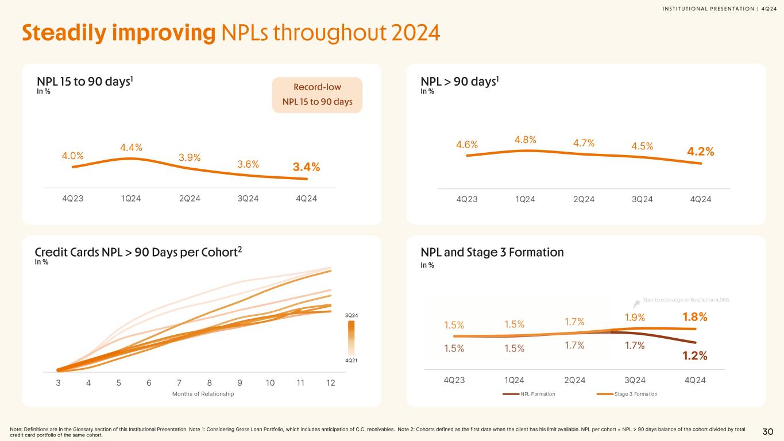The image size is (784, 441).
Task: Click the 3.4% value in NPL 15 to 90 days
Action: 306,167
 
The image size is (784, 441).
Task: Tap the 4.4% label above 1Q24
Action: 131,148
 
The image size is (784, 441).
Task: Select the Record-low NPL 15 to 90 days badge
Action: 317,95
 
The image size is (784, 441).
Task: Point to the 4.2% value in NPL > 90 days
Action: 701,152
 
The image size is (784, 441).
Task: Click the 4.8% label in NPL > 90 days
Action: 525,140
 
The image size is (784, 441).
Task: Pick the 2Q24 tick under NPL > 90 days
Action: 584,199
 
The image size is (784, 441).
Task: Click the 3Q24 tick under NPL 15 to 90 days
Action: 249,199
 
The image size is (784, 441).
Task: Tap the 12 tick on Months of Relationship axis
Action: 330,383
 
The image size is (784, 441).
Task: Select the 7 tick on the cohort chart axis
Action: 179,383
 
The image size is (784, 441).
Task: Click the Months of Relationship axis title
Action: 204,393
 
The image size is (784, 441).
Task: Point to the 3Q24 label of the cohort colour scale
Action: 351,316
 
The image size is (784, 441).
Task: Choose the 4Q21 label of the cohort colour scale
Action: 351,360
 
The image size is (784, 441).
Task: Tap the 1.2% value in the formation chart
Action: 694,356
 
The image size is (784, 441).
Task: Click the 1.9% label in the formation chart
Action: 634,318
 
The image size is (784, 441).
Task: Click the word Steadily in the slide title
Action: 67,33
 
